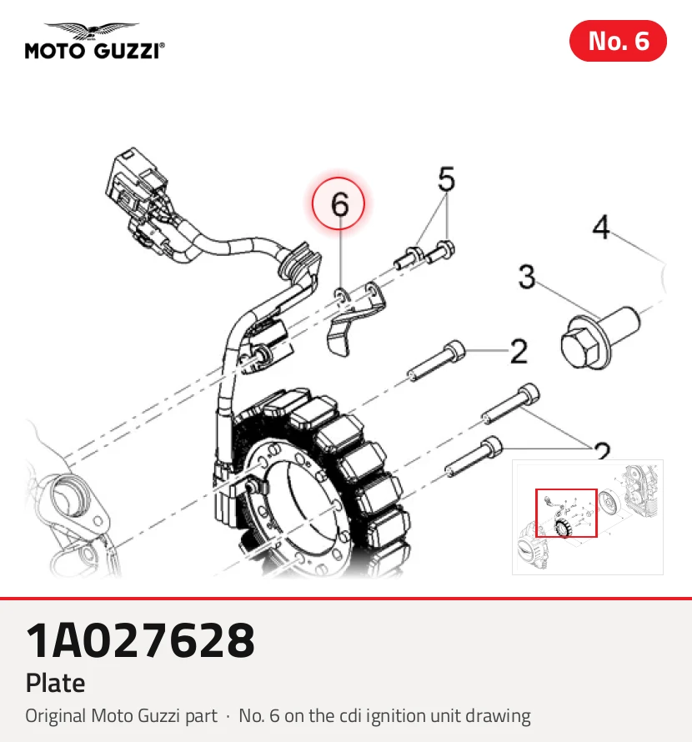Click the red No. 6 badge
click(x=618, y=41)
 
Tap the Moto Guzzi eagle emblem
click(x=92, y=31)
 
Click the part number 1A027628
click(x=140, y=640)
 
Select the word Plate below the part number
click(x=55, y=683)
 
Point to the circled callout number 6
click(x=338, y=204)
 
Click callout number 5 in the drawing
click(x=446, y=178)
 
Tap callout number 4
click(x=600, y=227)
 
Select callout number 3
click(x=527, y=276)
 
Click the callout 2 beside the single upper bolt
click(x=519, y=352)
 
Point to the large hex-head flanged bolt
click(x=599, y=337)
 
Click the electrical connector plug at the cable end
click(x=135, y=187)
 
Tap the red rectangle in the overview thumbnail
click(x=566, y=513)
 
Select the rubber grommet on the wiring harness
click(x=299, y=264)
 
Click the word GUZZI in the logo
click(x=127, y=51)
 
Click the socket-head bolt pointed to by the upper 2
click(x=436, y=361)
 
